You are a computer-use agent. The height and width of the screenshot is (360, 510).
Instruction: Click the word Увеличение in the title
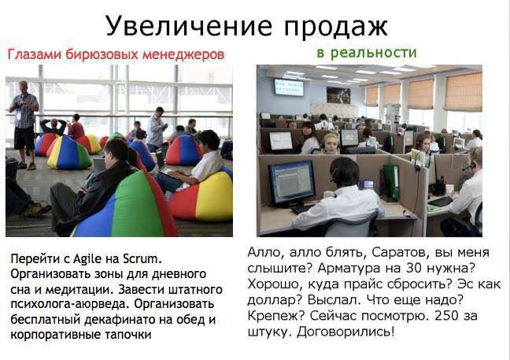pyautogui.click(x=189, y=26)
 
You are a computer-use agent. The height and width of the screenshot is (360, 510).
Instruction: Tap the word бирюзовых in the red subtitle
pyautogui.click(x=103, y=54)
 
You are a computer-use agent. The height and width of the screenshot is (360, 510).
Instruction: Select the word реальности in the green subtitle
pyautogui.click(x=373, y=53)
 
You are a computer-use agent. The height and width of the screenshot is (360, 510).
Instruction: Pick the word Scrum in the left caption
pyautogui.click(x=142, y=258)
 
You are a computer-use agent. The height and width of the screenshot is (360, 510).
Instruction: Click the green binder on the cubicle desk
pyautogui.click(x=391, y=182)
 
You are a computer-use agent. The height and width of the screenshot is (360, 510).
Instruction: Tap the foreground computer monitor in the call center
pyautogui.click(x=292, y=183)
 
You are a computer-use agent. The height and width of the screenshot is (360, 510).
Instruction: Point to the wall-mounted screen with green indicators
pyautogui.click(x=289, y=87)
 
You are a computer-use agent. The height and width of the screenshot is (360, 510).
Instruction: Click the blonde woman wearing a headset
pyautogui.click(x=331, y=143)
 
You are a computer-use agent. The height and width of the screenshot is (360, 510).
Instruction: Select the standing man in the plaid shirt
pyautogui.click(x=24, y=125)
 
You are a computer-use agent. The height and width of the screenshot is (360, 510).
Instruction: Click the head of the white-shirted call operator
pyautogui.click(x=344, y=173)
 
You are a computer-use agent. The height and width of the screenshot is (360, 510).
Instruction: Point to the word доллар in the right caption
pyautogui.click(x=274, y=300)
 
